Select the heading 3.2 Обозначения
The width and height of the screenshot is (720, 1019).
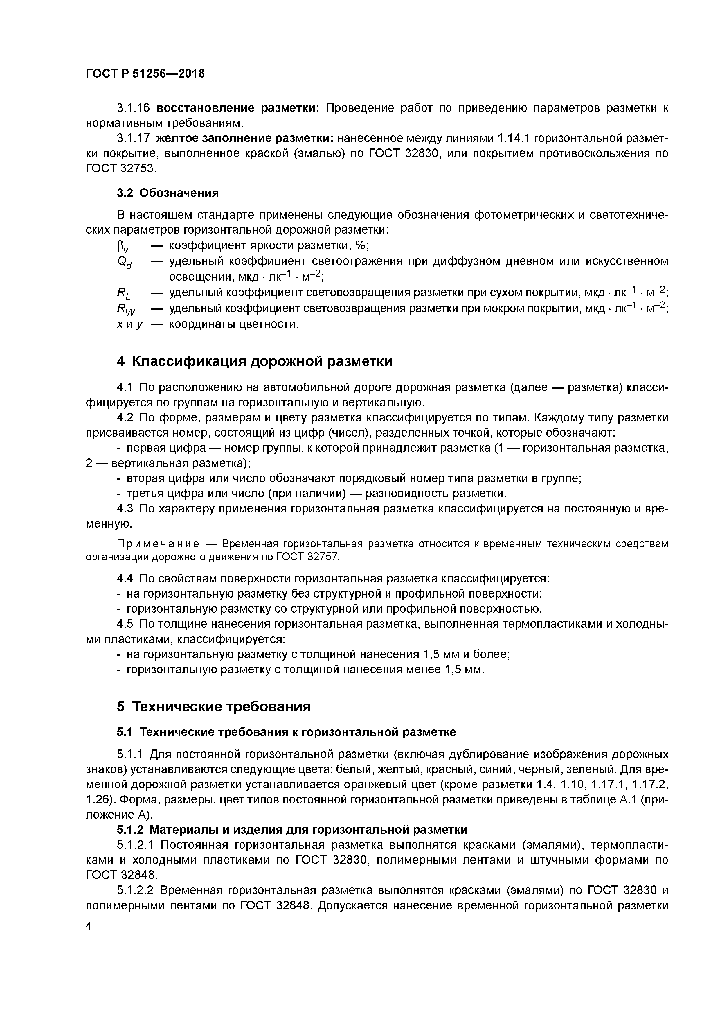pyautogui.click(x=168, y=193)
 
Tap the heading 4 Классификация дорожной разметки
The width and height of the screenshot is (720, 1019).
pyautogui.click(x=255, y=361)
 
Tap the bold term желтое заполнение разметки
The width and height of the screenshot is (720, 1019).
pyautogui.click(x=245, y=139)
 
